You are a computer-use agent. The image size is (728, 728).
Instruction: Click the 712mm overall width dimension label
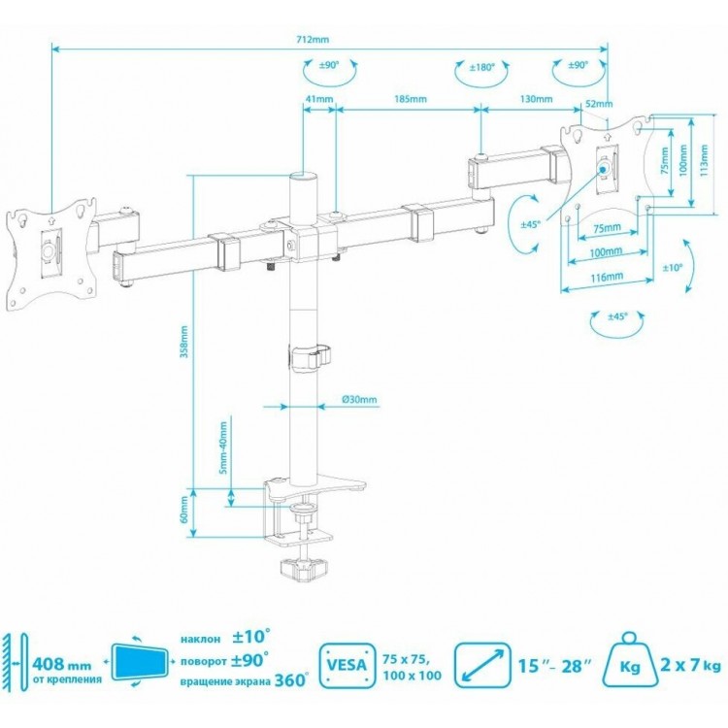312,39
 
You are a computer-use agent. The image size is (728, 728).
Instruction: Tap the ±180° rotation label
481,67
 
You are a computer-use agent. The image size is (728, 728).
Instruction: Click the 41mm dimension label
319,99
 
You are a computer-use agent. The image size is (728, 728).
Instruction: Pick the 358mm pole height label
184,342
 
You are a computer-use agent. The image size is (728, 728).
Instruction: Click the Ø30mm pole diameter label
359,399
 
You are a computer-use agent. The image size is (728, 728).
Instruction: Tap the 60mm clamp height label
184,510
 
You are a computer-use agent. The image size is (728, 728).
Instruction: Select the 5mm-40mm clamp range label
223,447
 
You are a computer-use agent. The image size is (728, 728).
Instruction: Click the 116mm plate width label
607,278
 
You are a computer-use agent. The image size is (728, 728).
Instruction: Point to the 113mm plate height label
705,160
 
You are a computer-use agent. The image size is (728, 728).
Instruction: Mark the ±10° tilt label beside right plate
673,268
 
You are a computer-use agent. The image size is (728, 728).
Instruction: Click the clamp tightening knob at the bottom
304,569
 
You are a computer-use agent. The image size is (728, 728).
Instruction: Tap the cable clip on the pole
310,357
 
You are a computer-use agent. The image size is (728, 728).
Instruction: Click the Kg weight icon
630,660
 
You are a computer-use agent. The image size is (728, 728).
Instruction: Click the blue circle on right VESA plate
604,169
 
